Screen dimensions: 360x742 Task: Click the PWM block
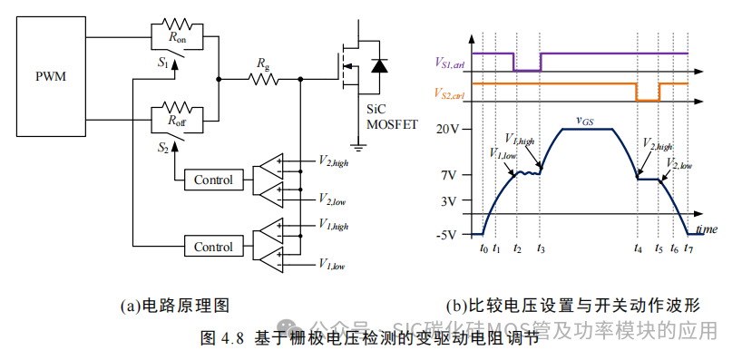tap(51, 77)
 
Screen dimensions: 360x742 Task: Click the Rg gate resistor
tap(263, 79)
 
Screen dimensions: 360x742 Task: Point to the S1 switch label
tap(163, 64)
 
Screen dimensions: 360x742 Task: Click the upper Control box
tap(213, 180)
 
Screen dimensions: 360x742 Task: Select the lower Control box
tap(213, 246)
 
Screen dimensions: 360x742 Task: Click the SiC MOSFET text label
tap(391, 116)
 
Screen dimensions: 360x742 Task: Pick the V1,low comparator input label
tap(331, 265)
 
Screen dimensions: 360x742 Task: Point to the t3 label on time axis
tap(542, 248)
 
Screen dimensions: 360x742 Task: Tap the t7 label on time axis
tap(688, 248)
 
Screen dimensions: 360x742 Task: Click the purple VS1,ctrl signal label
tap(451, 62)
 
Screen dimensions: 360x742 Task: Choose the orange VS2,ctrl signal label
tap(451, 94)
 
